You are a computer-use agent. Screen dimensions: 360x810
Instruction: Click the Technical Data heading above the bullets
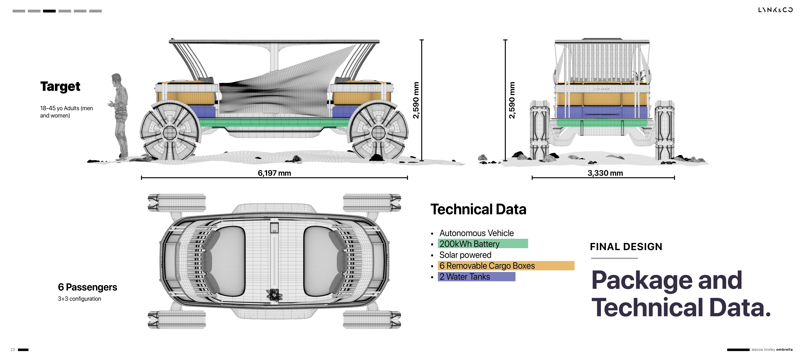coord(478,209)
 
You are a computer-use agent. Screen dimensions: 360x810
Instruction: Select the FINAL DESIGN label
coord(626,247)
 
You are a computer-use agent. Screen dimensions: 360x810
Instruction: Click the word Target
coord(60,86)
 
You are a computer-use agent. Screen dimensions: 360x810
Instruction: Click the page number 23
coord(13,350)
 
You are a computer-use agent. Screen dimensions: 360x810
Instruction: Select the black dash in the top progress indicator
coord(49,11)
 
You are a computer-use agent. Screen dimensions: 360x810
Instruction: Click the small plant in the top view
coord(274,295)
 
